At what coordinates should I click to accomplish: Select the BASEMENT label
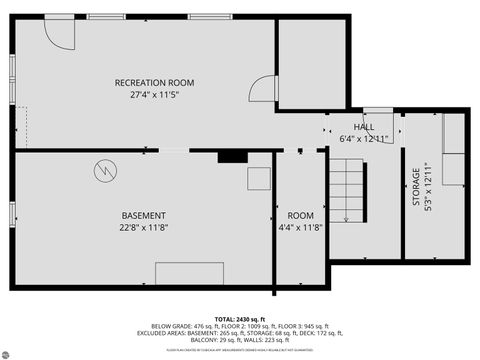click(x=144, y=216)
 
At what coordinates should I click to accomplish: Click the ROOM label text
click(x=300, y=216)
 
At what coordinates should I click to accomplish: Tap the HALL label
click(x=363, y=127)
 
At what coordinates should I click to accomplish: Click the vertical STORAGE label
click(x=416, y=187)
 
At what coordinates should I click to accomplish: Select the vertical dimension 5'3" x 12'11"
click(x=428, y=187)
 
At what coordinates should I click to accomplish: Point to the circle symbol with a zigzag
click(x=104, y=170)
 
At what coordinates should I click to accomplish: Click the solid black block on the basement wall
click(x=232, y=156)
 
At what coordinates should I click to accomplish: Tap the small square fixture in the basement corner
click(x=259, y=178)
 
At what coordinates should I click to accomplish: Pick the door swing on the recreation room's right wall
click(x=262, y=90)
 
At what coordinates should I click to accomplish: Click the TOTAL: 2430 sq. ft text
click(x=240, y=317)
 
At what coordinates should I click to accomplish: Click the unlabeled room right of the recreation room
click(x=312, y=62)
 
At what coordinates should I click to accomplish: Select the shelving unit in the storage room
click(x=453, y=150)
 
